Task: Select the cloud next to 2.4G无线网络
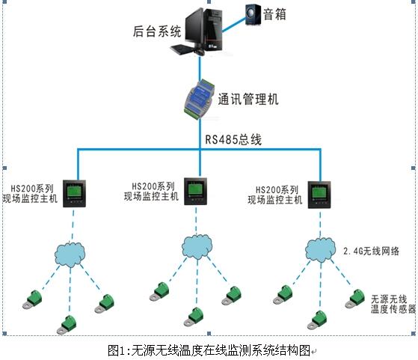click(x=319, y=248)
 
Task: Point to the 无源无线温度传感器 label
click(x=389, y=303)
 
